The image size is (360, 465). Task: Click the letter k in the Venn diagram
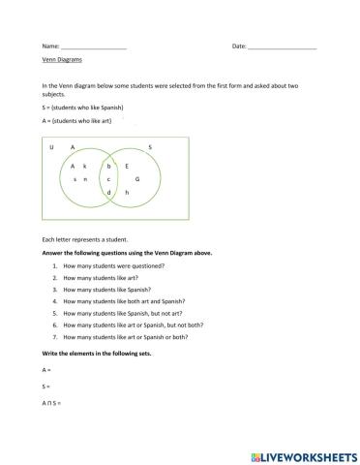click(85, 167)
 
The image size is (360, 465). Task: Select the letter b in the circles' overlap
click(109, 167)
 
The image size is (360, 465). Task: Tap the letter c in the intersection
click(109, 180)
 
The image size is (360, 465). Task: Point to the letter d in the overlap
click(109, 193)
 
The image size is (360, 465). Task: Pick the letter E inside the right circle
click(128, 167)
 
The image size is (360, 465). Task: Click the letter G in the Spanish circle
click(137, 180)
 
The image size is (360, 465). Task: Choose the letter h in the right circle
click(127, 193)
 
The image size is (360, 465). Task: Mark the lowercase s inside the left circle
click(75, 180)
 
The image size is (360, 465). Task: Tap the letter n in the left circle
click(85, 180)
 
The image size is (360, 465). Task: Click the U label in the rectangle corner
click(50, 147)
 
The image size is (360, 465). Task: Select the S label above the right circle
click(150, 147)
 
